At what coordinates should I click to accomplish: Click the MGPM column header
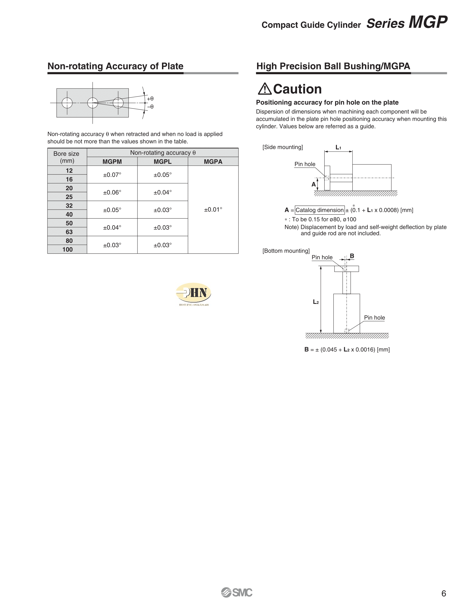click(112, 162)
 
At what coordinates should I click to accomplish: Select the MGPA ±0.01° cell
click(213, 209)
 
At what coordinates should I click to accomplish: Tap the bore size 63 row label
click(69, 232)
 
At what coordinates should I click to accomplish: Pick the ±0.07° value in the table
click(112, 175)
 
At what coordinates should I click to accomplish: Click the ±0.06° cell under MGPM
click(112, 192)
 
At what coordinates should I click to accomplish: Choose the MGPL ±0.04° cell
click(162, 192)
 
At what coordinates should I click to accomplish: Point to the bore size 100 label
click(67, 249)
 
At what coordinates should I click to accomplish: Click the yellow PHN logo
click(194, 293)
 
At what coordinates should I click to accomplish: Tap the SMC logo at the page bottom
click(237, 593)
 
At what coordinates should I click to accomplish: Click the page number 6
click(444, 593)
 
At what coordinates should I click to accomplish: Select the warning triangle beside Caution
click(265, 89)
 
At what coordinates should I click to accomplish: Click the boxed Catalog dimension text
click(320, 210)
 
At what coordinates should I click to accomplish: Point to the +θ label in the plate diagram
click(150, 99)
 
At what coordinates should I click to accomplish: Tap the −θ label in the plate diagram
click(150, 107)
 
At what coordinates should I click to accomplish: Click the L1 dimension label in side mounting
click(338, 147)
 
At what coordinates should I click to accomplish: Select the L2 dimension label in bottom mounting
click(316, 302)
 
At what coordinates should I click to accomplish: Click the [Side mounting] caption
click(282, 147)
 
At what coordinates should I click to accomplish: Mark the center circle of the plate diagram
click(93, 103)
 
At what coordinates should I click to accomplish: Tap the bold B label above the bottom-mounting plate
click(352, 256)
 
